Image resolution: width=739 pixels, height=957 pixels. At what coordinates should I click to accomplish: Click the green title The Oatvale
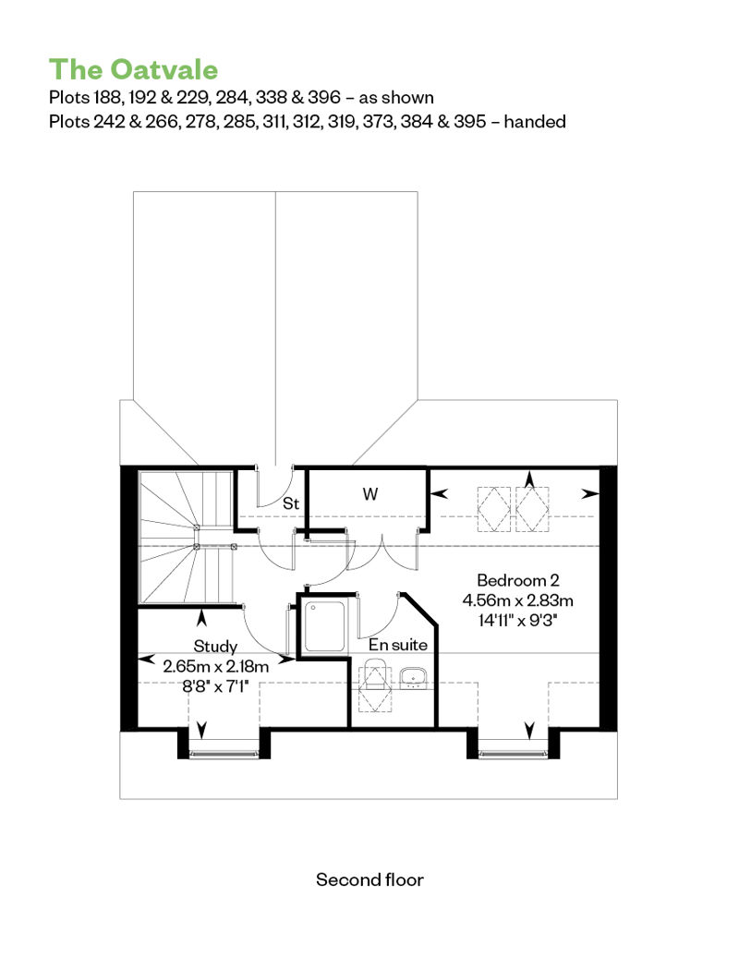point(133,69)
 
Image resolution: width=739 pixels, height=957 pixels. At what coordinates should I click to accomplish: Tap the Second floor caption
point(369,879)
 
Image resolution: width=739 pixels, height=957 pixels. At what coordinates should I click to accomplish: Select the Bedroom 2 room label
point(518,580)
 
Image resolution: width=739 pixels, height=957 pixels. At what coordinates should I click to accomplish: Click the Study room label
point(215,646)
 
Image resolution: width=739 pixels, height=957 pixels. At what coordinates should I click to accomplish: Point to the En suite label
point(398,645)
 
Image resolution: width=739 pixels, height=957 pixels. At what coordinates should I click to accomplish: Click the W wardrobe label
point(369,494)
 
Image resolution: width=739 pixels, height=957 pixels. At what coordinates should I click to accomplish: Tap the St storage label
point(291,503)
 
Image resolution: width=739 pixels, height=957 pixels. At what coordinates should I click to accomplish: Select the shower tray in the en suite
point(324,626)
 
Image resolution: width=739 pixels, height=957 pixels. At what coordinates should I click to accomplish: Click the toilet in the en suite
point(375,684)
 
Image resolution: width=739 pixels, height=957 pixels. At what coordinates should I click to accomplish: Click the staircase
point(187,537)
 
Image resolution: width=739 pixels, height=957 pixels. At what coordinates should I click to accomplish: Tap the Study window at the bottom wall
point(224,754)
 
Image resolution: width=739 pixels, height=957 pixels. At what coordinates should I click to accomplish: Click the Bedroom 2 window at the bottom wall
point(514,754)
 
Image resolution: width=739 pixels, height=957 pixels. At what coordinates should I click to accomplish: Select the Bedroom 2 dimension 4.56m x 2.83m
point(518,600)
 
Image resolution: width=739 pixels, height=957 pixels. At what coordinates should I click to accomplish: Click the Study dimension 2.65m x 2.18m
point(215,666)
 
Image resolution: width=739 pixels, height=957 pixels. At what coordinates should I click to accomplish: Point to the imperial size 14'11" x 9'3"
point(518,621)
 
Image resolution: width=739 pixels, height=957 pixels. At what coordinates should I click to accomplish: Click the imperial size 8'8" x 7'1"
point(215,686)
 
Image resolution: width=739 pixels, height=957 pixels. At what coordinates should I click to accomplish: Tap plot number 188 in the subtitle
point(106,98)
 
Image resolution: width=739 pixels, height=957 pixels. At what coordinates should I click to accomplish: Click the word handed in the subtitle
point(535,121)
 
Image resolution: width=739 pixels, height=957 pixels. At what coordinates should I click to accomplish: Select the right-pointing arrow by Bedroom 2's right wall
point(589,494)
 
